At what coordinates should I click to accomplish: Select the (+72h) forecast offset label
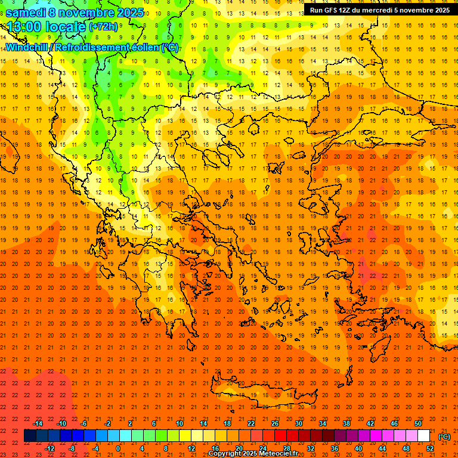tap(103, 27)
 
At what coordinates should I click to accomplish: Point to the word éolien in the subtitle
tap(142, 47)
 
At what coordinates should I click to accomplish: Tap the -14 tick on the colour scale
tap(39, 423)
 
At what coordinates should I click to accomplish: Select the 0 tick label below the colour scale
tap(118, 448)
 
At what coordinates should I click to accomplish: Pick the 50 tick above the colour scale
tap(417, 423)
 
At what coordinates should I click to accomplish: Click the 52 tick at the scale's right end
tap(429, 448)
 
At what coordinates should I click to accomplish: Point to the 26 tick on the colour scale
tap(275, 423)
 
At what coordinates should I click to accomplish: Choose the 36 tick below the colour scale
tap(334, 448)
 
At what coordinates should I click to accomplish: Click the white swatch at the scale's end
tap(423, 436)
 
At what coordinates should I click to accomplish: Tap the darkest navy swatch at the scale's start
tap(30, 436)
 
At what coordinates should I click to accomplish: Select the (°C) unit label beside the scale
tap(444, 437)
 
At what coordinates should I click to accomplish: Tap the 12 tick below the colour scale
tap(191, 448)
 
